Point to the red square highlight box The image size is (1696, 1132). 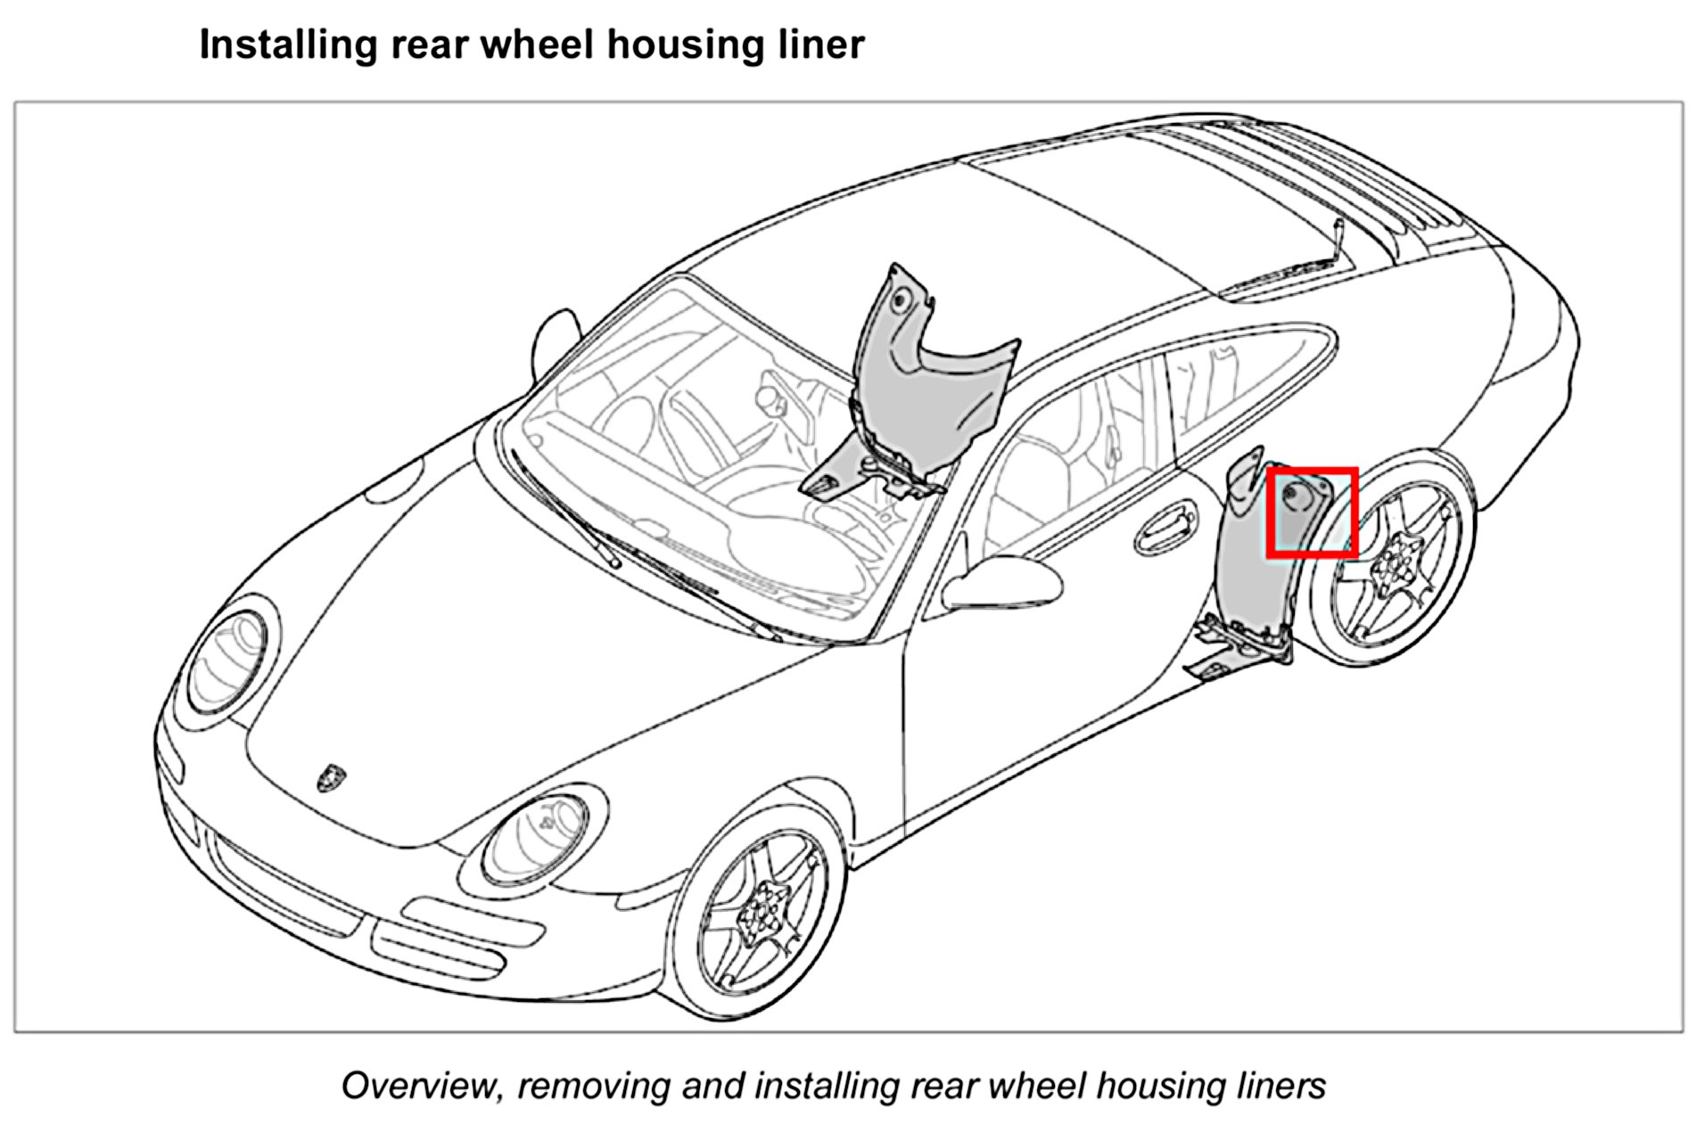pyautogui.click(x=1312, y=513)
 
